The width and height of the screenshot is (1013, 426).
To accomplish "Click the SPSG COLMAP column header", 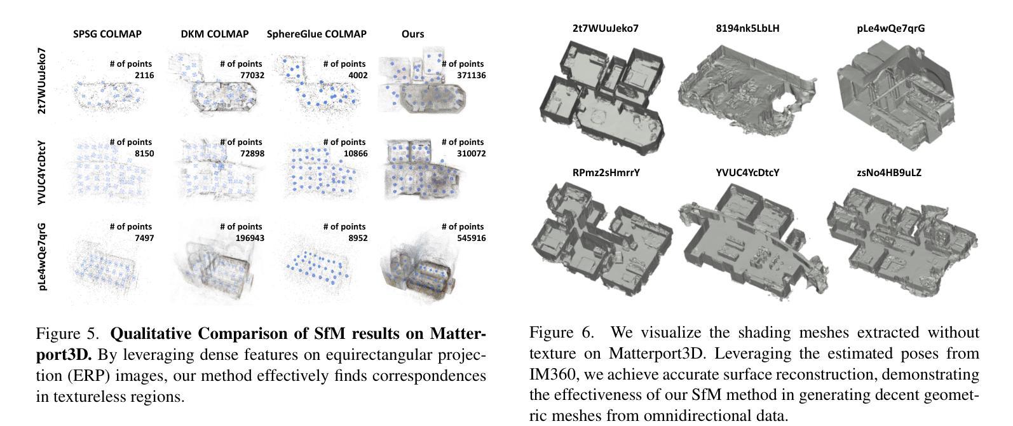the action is click(107, 34).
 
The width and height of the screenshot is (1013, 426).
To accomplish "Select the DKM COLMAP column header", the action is click(215, 34).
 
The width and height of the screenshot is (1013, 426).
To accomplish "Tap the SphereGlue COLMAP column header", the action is click(316, 34).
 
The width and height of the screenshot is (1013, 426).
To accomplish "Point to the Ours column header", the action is click(412, 34).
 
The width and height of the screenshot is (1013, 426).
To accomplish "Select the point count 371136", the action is click(471, 75).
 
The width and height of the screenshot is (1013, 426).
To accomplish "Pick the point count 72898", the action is click(250, 153).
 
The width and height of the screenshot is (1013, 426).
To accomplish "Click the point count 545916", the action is click(471, 238).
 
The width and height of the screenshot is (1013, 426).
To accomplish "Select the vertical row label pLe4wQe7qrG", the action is click(42, 256).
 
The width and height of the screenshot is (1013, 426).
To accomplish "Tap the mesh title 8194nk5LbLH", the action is click(747, 28).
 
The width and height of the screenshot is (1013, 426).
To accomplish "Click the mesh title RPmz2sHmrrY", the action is click(606, 172).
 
